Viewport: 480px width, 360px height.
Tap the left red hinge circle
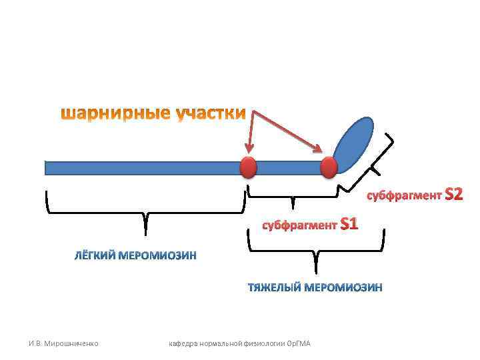coord(248,167)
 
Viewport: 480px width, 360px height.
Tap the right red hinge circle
coord(329,167)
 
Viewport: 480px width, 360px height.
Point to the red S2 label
coord(453,195)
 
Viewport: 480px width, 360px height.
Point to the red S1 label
coord(349,223)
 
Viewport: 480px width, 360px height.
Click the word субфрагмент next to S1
coord(298,225)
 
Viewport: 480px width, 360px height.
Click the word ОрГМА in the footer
coord(305,343)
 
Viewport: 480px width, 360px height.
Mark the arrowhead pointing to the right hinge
coord(321,151)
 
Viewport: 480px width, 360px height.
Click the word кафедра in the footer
coord(184,343)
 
